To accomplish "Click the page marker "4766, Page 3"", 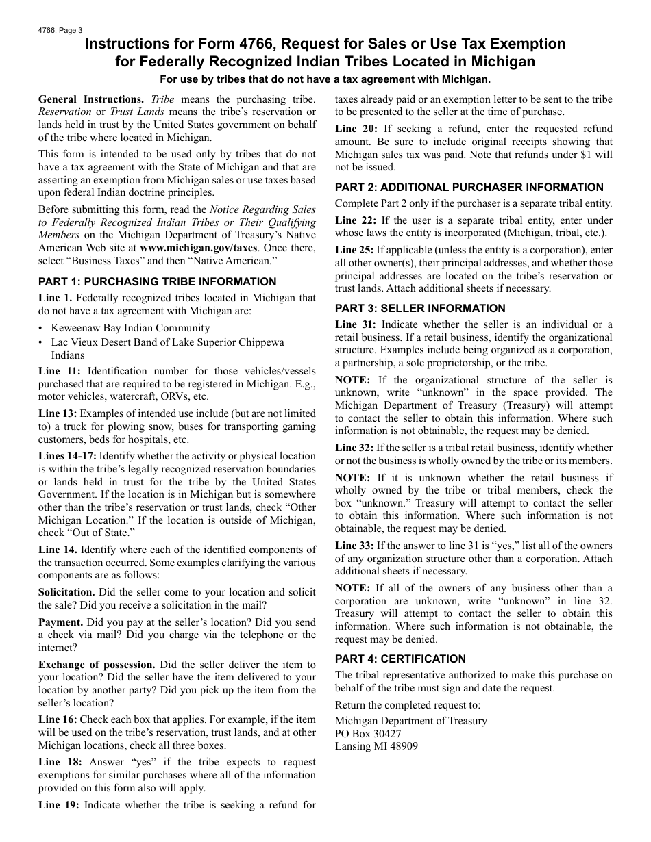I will [x=60, y=30].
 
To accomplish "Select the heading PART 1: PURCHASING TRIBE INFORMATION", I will [x=158, y=281].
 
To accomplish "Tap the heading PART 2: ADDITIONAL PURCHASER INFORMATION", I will [x=469, y=187].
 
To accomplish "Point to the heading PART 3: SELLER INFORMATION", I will [x=420, y=308].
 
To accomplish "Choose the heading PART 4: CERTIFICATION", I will [x=400, y=659].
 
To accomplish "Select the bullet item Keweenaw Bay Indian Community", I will [x=130, y=328].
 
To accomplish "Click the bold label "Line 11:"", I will [x=60, y=370].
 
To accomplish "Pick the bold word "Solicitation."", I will [x=66, y=592].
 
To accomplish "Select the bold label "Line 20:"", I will [x=356, y=129].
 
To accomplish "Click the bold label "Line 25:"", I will [x=354, y=250].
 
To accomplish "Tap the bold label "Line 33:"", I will [x=354, y=546].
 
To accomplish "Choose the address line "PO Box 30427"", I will [x=368, y=733].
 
